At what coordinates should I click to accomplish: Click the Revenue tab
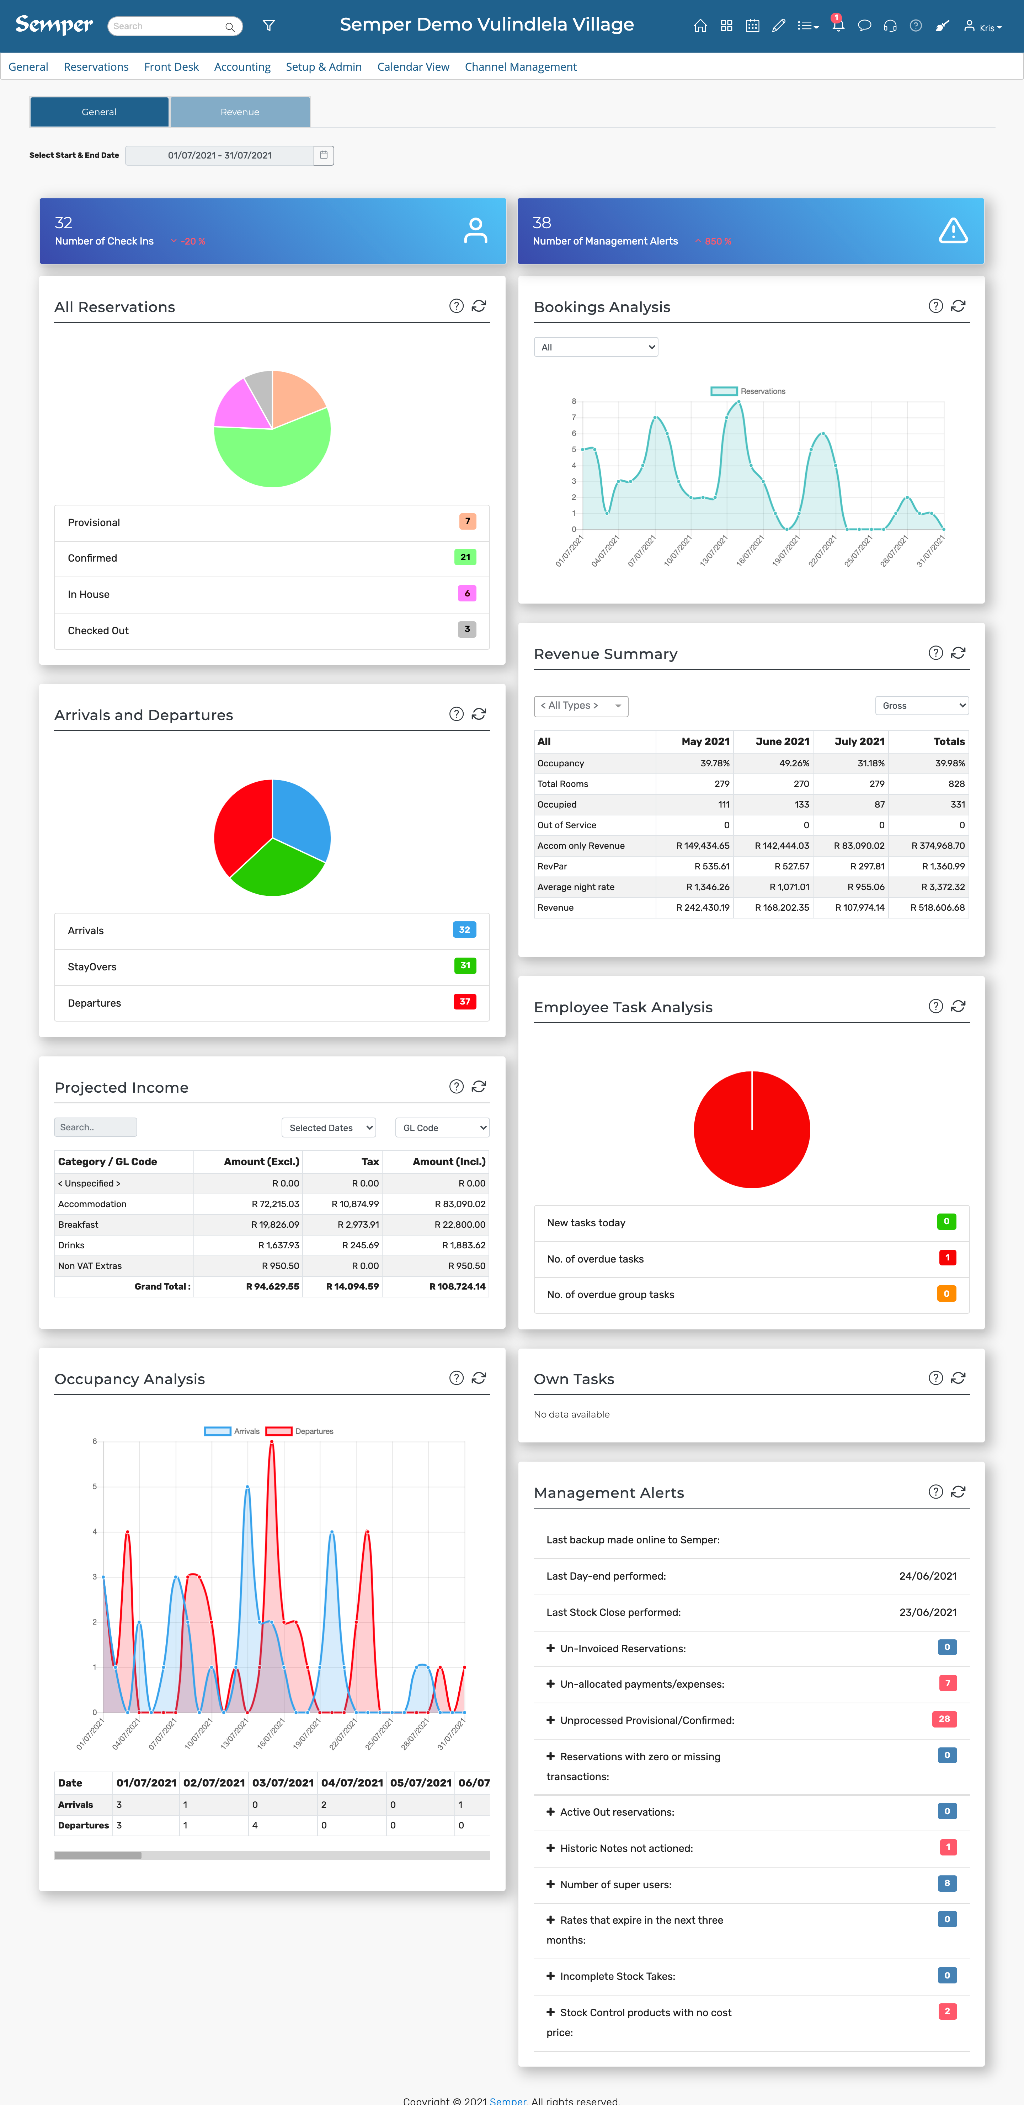[x=239, y=112]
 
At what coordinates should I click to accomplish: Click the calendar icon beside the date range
[x=324, y=155]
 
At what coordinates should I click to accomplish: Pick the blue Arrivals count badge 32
[x=464, y=930]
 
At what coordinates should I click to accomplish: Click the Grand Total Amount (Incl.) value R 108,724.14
[x=457, y=1286]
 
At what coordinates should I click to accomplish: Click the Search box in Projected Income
[x=96, y=1128]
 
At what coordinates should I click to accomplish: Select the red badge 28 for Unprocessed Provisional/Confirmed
[x=944, y=1719]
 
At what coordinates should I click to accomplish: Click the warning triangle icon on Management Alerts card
[x=953, y=231]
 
